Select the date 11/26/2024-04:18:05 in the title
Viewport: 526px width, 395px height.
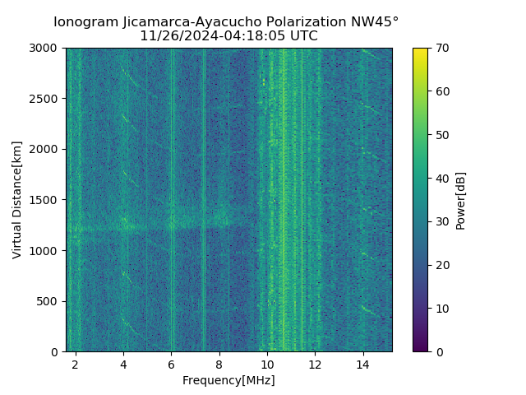tap(213, 36)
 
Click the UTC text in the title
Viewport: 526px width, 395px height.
tap(302, 36)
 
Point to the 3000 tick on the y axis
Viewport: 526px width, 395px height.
tap(45, 48)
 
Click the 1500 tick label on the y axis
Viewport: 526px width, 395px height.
tap(45, 200)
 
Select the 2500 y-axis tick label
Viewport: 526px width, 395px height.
tap(45, 99)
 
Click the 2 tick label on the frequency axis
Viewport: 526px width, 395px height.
tap(76, 364)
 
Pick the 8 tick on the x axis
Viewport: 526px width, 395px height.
tap(219, 364)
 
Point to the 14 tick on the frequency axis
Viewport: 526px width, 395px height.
tap(362, 364)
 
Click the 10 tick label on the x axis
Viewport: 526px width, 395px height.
tap(267, 364)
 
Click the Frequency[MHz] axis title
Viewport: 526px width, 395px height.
tap(228, 380)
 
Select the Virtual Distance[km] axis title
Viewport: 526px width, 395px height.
tap(17, 200)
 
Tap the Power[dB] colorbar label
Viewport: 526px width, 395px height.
tap(461, 200)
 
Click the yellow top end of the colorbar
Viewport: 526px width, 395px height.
tap(420, 51)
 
